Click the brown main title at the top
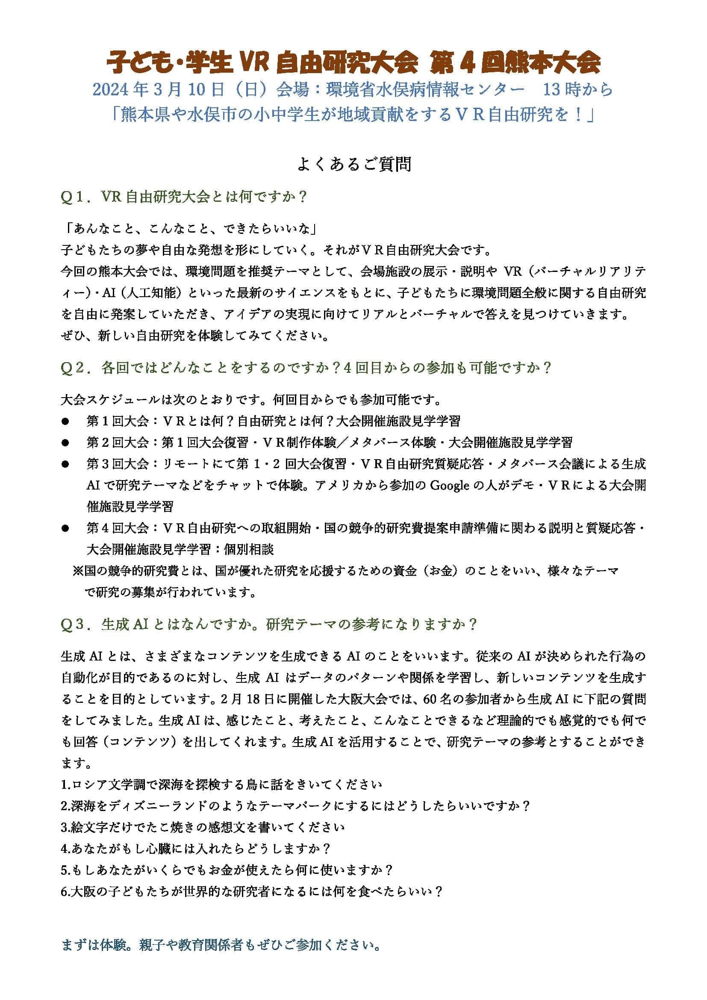(x=353, y=64)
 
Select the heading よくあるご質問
(x=353, y=165)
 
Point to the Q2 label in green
(x=75, y=368)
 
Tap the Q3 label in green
(x=75, y=625)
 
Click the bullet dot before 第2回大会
(x=65, y=443)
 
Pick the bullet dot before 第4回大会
(x=65, y=528)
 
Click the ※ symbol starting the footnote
(x=78, y=571)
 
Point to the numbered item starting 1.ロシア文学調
(x=221, y=785)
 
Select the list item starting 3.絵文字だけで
(x=203, y=828)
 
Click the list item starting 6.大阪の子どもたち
(x=252, y=891)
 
